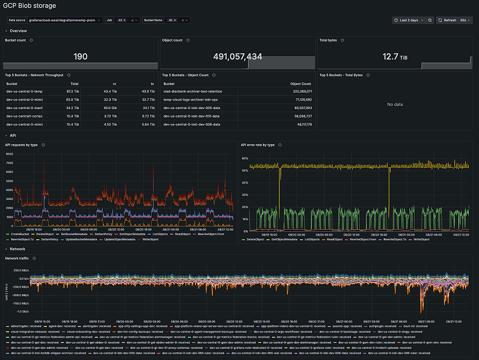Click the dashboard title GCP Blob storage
pyautogui.click(x=30, y=6)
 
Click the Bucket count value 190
pyautogui.click(x=80, y=56)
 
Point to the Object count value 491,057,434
pyautogui.click(x=237, y=56)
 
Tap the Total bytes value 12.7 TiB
pyautogui.click(x=394, y=56)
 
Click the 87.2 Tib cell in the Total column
pyautogui.click(x=72, y=91)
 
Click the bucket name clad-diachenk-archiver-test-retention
pyautogui.click(x=193, y=91)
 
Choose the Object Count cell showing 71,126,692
pyautogui.click(x=302, y=99)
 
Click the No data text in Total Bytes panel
pyautogui.click(x=394, y=104)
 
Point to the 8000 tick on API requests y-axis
pyautogui.click(x=10, y=154)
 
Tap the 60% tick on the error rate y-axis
pyautogui.click(x=246, y=158)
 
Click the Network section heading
pyautogui.click(x=18, y=248)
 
